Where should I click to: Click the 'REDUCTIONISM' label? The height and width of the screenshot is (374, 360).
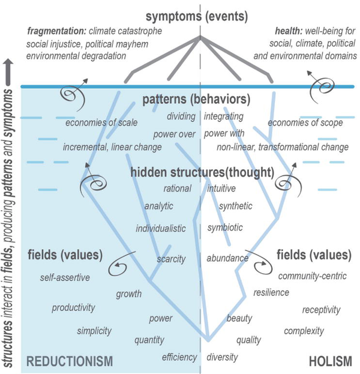pos(70,361)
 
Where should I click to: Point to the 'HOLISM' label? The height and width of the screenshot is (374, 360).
pos(331,361)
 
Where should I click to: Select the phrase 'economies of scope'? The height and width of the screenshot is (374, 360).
pos(305,122)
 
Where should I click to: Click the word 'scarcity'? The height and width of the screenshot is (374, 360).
pos(171,259)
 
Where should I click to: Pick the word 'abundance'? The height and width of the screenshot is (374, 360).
pos(227,259)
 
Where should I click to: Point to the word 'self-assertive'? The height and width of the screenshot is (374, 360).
pos(65,278)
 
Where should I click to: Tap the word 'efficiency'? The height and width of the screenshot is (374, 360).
pos(179,357)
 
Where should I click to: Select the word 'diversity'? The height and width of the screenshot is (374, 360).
pos(222,357)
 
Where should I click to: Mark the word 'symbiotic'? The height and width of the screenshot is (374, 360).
pos(225,228)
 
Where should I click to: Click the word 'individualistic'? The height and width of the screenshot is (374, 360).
pos(161,229)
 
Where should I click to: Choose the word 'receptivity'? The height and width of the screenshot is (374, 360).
pos(321,310)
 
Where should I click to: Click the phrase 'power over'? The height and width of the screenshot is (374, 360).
pos(174,134)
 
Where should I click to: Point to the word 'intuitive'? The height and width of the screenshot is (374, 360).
pos(221,189)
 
